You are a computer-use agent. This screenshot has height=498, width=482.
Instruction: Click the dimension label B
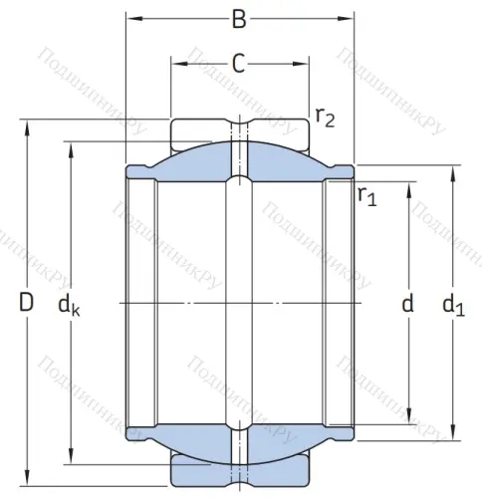click(x=238, y=18)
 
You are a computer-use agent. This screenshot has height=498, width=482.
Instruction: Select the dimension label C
click(x=238, y=63)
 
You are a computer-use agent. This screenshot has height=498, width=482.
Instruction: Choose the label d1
click(x=454, y=307)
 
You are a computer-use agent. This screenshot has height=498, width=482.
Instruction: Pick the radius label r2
click(x=324, y=118)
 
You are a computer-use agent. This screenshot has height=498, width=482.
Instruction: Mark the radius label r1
click(x=365, y=195)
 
